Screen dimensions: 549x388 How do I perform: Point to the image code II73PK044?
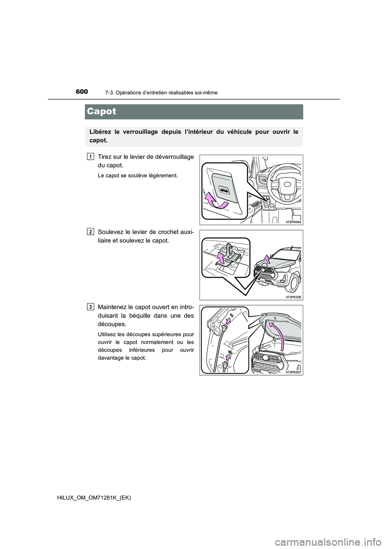pos(293,222)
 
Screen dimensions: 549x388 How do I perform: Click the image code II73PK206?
pos(293,297)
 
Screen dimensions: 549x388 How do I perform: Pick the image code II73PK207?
pos(293,372)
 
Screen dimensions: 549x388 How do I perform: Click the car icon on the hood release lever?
pos(223,189)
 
